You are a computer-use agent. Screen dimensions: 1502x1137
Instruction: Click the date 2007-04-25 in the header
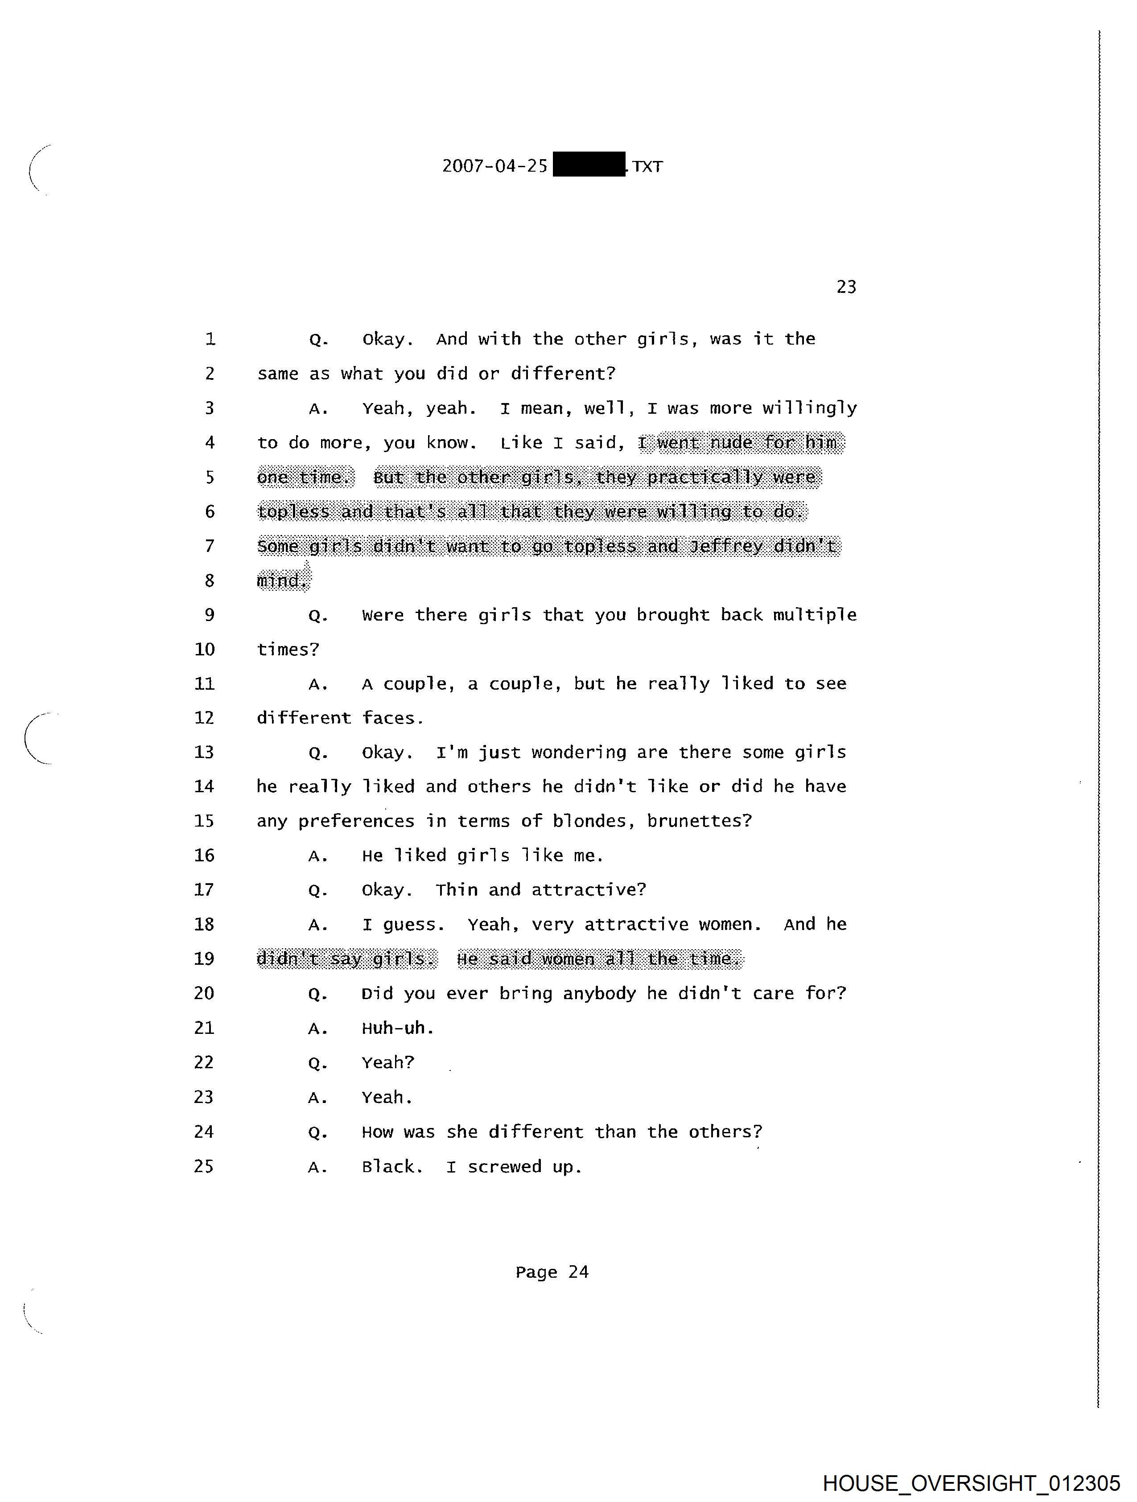(494, 166)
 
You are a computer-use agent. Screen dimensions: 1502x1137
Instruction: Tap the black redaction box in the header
(589, 165)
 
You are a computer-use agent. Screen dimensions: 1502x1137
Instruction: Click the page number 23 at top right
(846, 287)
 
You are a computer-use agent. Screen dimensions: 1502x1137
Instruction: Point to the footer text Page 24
(552, 1272)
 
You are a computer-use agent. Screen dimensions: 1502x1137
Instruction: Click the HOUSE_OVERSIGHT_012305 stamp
(971, 1483)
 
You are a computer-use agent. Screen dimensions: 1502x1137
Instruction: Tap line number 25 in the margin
(204, 1167)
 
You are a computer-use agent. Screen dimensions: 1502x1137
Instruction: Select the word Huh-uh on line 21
(397, 1028)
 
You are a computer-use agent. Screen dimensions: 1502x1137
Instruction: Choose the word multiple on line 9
(814, 615)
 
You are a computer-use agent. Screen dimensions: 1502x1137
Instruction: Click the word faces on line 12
(391, 718)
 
